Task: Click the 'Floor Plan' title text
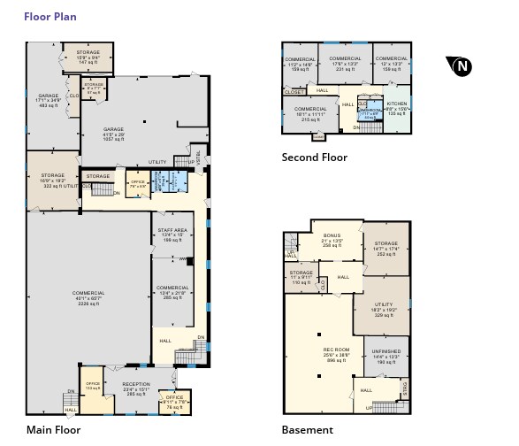[50, 16]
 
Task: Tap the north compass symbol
[460, 66]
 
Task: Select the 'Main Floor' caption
[55, 430]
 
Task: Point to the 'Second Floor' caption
[314, 158]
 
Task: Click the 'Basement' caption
[307, 430]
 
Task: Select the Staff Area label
[172, 235]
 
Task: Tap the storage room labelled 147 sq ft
[88, 58]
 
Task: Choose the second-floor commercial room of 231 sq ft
[339, 64]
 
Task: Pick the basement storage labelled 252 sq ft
[385, 249]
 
